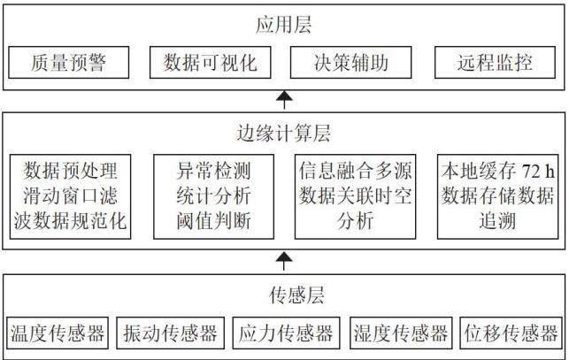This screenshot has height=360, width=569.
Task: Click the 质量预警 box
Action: (69, 63)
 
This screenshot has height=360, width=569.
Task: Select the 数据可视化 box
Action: (210, 63)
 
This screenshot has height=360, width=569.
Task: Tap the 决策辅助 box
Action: (351, 63)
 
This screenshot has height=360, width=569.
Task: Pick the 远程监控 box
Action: (495, 63)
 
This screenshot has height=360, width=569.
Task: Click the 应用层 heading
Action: (283, 25)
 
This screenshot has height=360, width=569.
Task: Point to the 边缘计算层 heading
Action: (283, 134)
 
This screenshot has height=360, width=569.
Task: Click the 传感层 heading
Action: (296, 295)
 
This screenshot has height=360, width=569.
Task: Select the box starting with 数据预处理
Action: (70, 196)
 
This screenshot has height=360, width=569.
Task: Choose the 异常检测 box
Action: (214, 196)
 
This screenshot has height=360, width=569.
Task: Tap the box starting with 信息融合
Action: (355, 196)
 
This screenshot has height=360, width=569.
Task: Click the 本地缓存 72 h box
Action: (497, 196)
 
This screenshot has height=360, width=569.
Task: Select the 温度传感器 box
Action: (58, 333)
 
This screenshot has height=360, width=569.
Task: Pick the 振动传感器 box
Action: (170, 333)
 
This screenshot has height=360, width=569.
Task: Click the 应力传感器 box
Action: (286, 333)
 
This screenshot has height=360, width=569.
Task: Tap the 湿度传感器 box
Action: (401, 333)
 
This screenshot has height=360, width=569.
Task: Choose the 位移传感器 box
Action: (511, 333)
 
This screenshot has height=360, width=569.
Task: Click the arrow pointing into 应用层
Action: (284, 100)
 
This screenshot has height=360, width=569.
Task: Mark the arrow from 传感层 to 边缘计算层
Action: (284, 262)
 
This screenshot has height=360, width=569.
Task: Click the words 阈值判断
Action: (214, 221)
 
